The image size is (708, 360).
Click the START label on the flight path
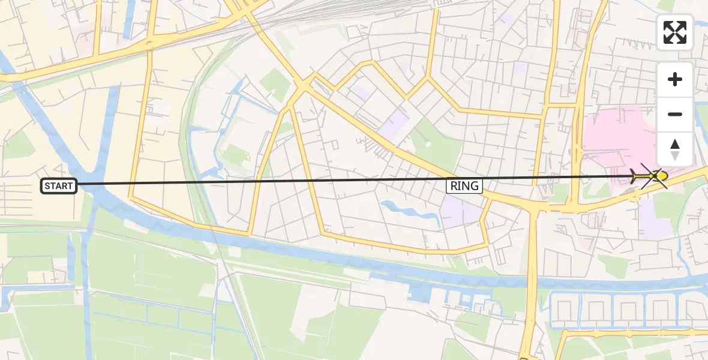(x=59, y=186)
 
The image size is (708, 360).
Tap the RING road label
(x=465, y=186)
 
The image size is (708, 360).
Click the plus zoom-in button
(x=675, y=79)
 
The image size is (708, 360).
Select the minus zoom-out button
(x=675, y=114)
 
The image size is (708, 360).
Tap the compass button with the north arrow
(x=675, y=149)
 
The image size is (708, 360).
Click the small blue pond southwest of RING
(x=408, y=212)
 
